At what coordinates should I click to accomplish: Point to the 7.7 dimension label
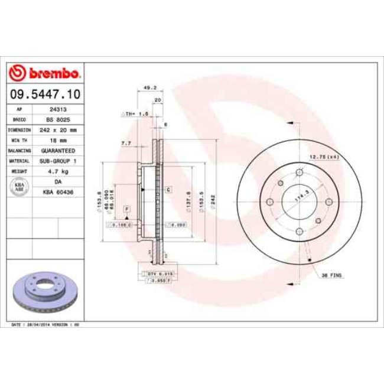click(125, 143)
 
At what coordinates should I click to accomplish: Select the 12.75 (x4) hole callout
click(323, 156)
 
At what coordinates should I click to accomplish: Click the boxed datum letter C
click(168, 189)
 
